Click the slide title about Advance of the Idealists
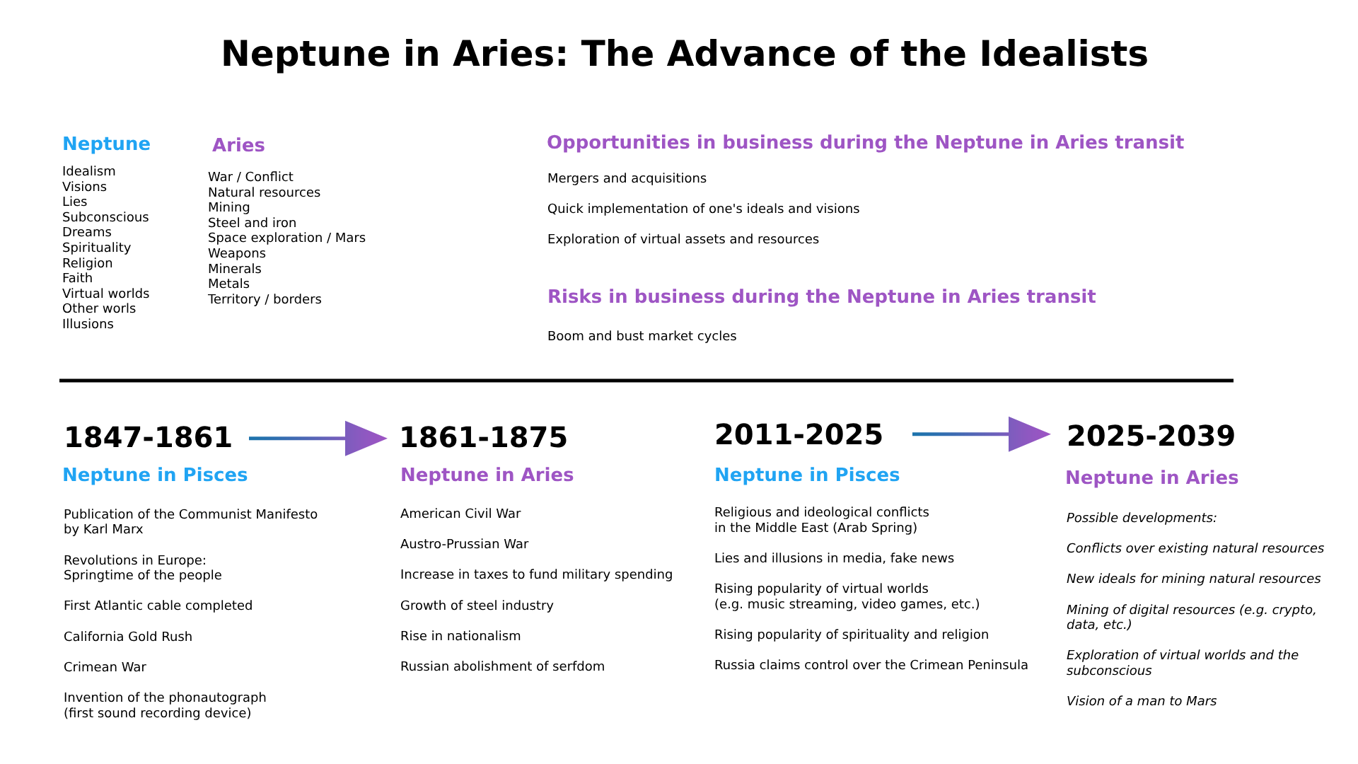tap(684, 54)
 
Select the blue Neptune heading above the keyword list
tap(106, 144)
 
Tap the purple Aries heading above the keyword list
tap(238, 146)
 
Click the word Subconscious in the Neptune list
tap(105, 217)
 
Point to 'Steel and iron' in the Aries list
tap(252, 223)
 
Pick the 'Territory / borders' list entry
tap(265, 299)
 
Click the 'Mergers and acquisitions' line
tap(627, 179)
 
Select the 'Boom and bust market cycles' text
tap(642, 337)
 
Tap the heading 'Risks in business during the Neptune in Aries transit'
tap(821, 297)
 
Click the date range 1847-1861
tap(148, 438)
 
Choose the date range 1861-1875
tap(484, 438)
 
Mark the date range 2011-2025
tap(799, 435)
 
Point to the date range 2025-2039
tap(1151, 436)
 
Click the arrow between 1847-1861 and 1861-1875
tap(318, 439)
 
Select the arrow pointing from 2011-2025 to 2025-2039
tap(982, 434)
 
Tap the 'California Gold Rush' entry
tap(128, 637)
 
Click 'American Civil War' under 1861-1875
tap(460, 514)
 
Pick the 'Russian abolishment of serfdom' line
tap(502, 666)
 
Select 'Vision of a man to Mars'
tap(1142, 701)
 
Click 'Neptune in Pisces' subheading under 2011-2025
tap(807, 475)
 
